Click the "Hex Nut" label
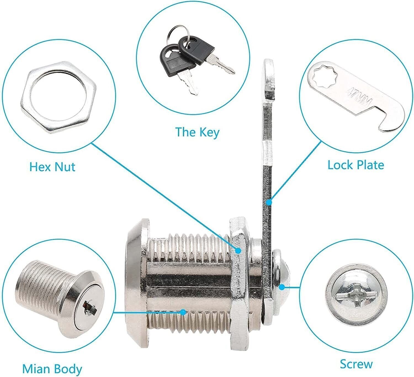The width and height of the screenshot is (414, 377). pos(52,167)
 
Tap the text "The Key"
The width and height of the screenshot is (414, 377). pos(197,132)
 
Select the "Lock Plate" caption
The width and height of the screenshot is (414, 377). pos(356,165)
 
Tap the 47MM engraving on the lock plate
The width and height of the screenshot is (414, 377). pos(360,96)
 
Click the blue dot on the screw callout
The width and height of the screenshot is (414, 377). pos(282,287)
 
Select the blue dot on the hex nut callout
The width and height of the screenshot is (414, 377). pos(238,251)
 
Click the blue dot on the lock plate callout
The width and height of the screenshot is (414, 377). pos(269,203)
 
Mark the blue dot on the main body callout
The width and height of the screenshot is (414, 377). pos(183,312)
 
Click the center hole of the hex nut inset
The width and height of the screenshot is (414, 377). pos(58,97)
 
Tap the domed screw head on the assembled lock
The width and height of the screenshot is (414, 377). pos(280,285)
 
